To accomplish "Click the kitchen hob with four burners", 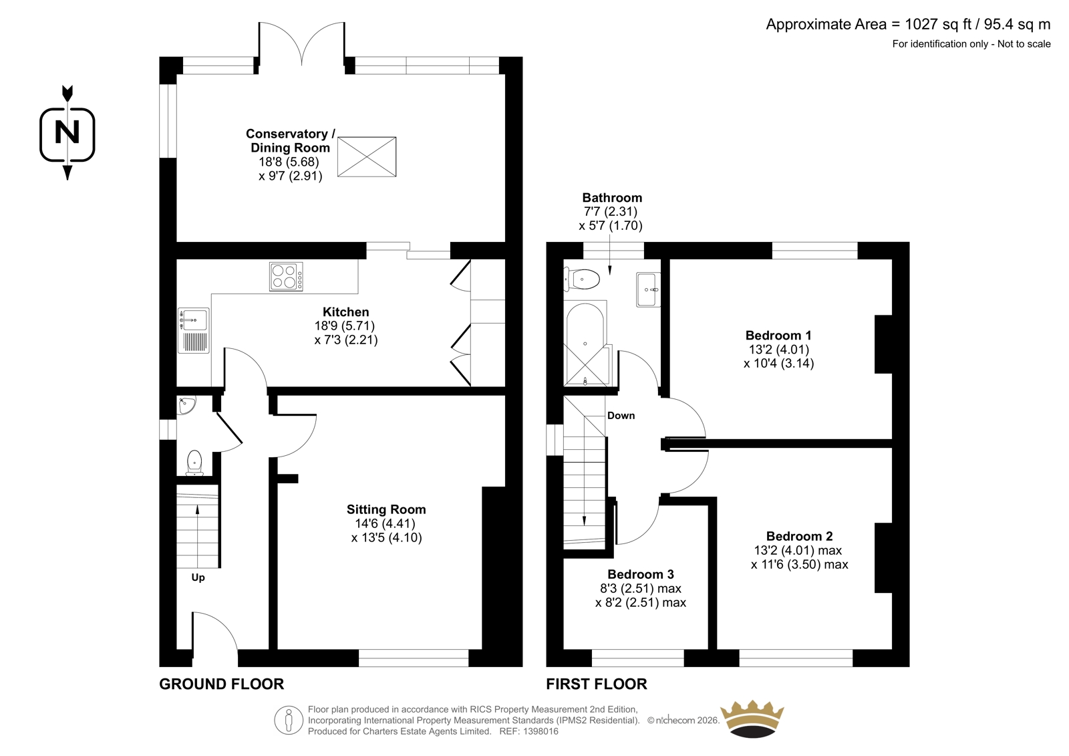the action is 286,277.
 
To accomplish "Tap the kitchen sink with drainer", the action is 193,330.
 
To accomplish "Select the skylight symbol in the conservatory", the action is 367,156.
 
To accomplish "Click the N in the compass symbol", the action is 67,132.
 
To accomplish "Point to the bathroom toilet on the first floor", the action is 581,279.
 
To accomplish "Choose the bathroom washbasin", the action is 648,289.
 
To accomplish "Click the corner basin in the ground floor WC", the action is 186,405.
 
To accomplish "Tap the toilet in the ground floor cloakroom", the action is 194,463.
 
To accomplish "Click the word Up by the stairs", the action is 198,578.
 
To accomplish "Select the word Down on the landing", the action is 621,416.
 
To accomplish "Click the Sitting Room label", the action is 386,509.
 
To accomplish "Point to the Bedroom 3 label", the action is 641,574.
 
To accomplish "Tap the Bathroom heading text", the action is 612,198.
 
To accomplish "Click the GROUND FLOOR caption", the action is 221,684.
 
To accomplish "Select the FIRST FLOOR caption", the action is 597,684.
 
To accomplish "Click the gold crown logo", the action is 752,719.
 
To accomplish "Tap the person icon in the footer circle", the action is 288,720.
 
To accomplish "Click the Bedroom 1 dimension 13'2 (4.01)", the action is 778,350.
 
